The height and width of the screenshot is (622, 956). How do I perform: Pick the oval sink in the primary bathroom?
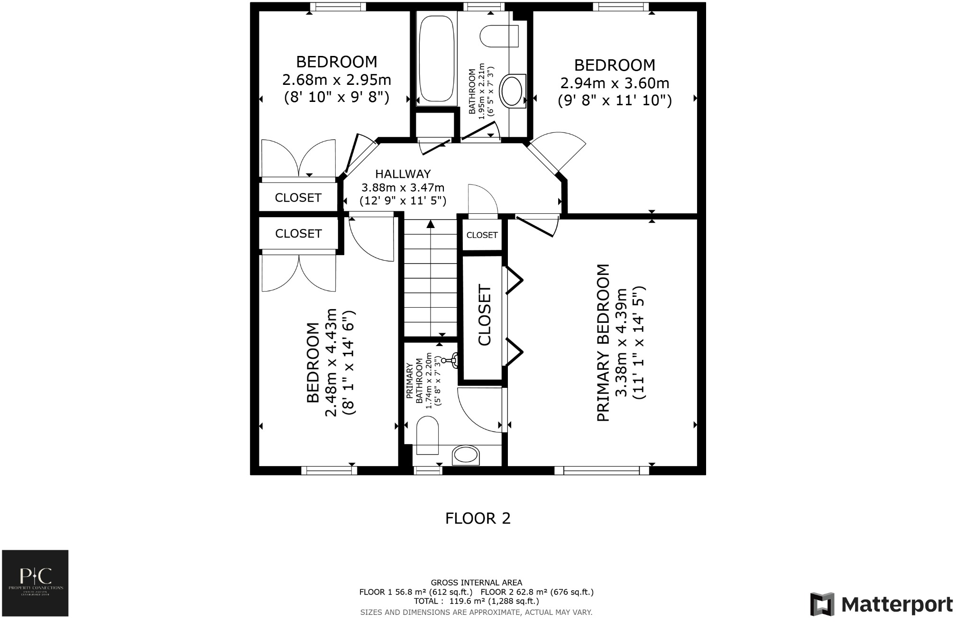[x=466, y=456]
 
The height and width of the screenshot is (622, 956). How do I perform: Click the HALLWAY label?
[x=403, y=174]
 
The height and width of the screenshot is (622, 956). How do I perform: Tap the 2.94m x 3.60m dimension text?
[x=615, y=83]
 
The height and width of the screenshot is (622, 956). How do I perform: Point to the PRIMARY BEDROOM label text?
[x=603, y=342]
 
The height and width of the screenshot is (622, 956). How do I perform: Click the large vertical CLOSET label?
[x=484, y=315]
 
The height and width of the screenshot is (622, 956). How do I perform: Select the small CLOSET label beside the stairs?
[x=482, y=235]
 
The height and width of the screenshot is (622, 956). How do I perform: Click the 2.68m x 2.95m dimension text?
[x=336, y=79]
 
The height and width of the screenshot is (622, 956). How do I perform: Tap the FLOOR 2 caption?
[x=478, y=518]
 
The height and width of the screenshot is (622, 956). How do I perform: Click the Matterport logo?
[x=881, y=604]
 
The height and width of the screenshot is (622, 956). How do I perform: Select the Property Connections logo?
[x=36, y=583]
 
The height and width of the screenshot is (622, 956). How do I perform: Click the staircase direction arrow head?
[x=431, y=224]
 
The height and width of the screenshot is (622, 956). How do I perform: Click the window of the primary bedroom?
[x=601, y=470]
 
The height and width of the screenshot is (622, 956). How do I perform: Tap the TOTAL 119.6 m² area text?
[x=476, y=601]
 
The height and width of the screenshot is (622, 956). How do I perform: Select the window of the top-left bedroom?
[x=338, y=7]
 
